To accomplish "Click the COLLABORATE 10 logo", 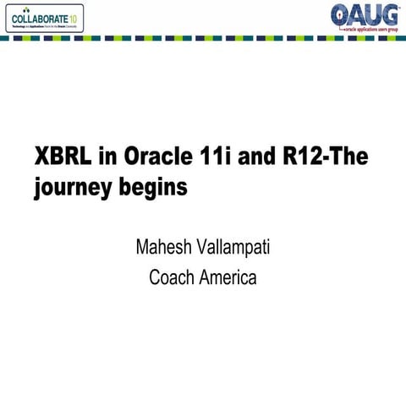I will tap(44, 18).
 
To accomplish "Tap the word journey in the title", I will tap(71, 186).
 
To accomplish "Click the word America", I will tap(228, 277).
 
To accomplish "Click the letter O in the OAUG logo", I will tap(341, 14).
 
